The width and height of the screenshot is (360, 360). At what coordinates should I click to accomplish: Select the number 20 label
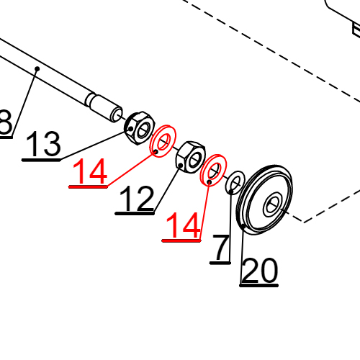(258, 271)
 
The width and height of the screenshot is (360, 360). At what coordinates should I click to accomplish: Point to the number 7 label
(220, 248)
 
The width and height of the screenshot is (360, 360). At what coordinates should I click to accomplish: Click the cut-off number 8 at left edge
(5, 124)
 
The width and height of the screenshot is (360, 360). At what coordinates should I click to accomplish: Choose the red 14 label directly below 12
(181, 228)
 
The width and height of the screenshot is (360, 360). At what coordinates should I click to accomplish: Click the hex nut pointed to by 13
(138, 127)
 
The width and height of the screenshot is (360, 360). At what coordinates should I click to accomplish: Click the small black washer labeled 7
(235, 182)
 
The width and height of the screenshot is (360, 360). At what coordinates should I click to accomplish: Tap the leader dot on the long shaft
(36, 68)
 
